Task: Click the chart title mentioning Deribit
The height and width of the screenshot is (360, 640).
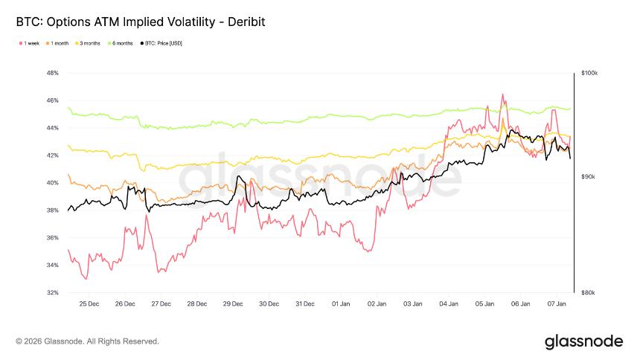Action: click(x=141, y=22)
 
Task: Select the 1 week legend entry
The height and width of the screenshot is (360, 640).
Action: click(x=31, y=44)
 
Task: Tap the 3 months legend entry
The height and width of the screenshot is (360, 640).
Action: click(x=90, y=44)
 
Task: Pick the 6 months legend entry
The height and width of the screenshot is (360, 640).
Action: click(x=123, y=44)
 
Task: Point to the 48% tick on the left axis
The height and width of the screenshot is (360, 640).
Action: click(x=52, y=73)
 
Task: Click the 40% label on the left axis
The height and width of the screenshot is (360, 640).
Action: click(x=52, y=183)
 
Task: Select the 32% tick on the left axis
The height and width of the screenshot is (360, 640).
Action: click(x=52, y=292)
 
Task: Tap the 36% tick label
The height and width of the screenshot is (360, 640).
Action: click(x=52, y=238)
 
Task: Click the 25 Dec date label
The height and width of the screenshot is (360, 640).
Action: click(x=89, y=304)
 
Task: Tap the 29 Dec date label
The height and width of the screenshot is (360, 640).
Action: click(x=233, y=304)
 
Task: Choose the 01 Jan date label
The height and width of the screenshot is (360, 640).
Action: click(x=341, y=304)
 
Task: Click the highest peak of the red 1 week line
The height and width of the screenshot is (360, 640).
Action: click(x=503, y=94)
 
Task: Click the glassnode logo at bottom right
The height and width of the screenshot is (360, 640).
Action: click(x=583, y=341)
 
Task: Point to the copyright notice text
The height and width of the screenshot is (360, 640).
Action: click(x=87, y=341)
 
